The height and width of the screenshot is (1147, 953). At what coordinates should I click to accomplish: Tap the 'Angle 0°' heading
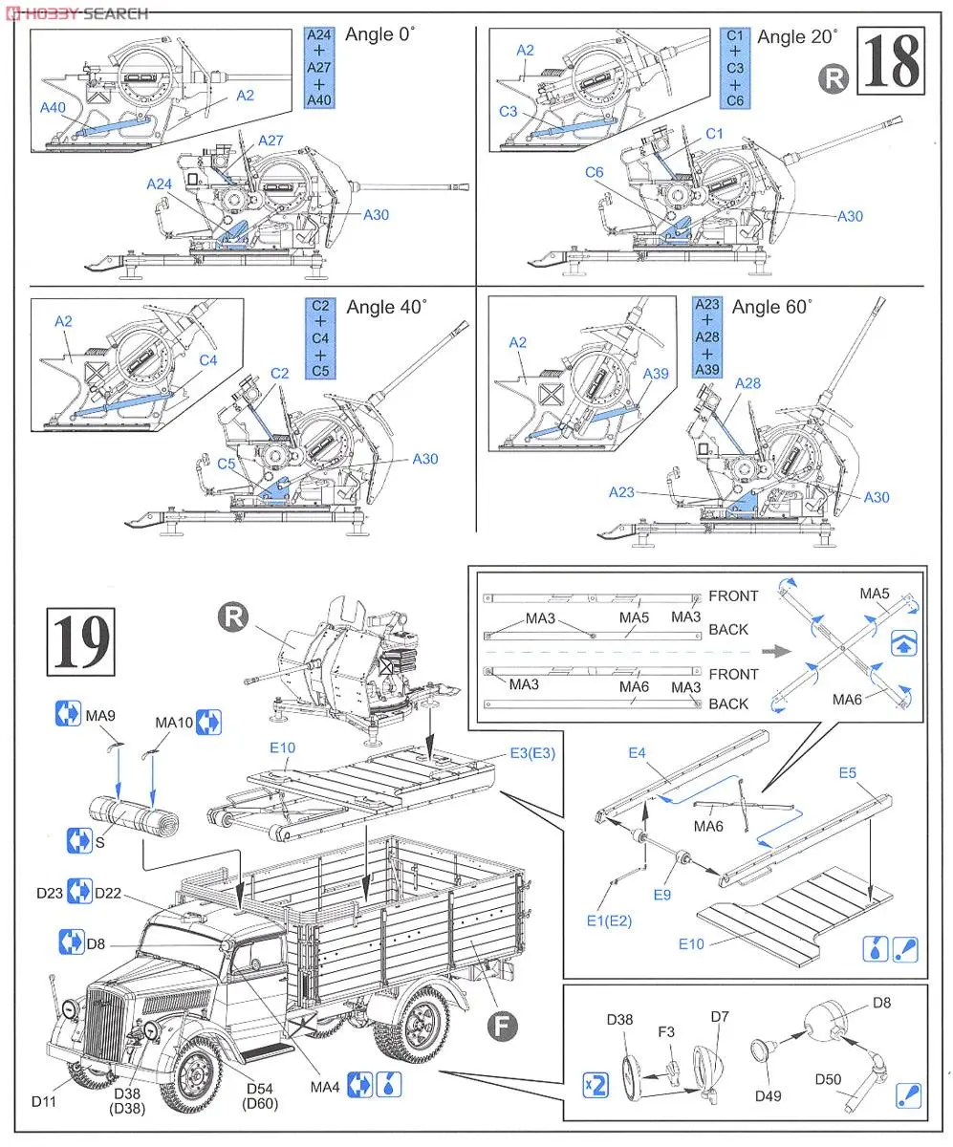pos(380,35)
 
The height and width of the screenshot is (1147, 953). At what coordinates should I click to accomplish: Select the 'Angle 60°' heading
pos(771,307)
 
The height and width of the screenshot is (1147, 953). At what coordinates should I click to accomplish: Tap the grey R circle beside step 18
pos(834,79)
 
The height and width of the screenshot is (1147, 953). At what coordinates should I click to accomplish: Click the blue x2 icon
pos(596,1084)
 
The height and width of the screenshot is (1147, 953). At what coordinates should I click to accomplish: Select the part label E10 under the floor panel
pos(691,943)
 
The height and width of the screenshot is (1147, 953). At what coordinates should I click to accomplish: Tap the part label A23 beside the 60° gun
pos(621,493)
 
